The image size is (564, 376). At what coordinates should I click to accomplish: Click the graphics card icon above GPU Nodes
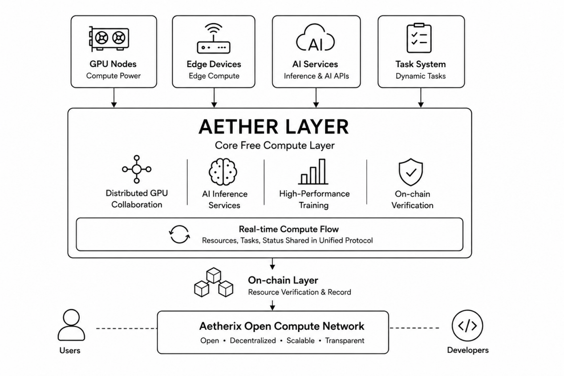(109, 39)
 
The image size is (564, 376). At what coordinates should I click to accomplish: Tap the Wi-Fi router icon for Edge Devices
(214, 38)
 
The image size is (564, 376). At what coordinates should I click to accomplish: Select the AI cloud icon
(315, 37)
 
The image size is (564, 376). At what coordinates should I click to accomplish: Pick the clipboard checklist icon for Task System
(419, 38)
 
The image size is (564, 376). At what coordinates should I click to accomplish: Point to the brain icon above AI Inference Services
(223, 172)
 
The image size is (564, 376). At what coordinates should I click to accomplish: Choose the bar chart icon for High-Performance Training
(313, 172)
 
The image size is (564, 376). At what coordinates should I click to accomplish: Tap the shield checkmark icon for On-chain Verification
(411, 172)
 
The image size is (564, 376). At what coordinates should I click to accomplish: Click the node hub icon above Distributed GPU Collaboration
(137, 169)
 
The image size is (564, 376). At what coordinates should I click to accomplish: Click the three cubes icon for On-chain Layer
(214, 282)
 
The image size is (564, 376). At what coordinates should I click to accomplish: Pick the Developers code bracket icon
(467, 326)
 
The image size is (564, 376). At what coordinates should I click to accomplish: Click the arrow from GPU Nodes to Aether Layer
(114, 97)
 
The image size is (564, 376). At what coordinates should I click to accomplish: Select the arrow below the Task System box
(421, 97)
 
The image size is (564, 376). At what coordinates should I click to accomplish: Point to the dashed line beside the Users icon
(126, 328)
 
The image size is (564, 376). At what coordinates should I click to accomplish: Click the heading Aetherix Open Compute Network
(282, 326)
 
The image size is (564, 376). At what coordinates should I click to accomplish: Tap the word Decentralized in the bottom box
(253, 341)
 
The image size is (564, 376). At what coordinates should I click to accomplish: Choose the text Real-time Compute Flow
(289, 229)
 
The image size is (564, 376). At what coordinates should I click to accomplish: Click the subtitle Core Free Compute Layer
(275, 146)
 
